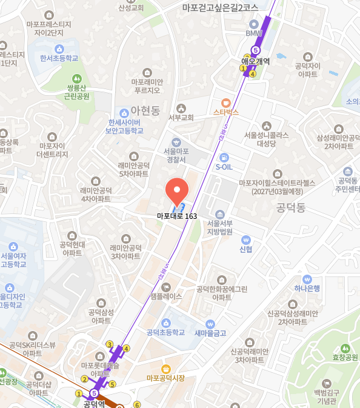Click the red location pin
coord(177,192)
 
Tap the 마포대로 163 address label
coord(177,216)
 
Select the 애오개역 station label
coord(255,61)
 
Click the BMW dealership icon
coord(253,24)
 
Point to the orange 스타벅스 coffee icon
coord(226,102)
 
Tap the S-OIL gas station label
coord(224,166)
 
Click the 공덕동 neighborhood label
coord(290,208)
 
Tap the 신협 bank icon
coord(246,240)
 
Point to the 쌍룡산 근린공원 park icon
coord(77,78)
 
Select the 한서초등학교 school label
coord(59,59)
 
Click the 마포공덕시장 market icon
coord(165,369)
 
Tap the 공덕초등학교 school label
coord(165,332)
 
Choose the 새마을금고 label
coord(210,333)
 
